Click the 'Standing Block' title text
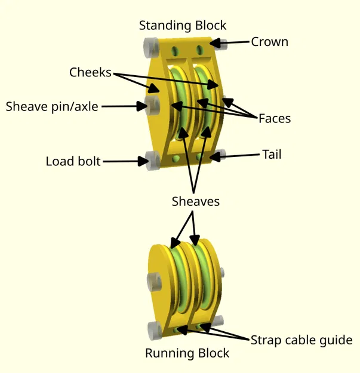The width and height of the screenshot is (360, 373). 183,26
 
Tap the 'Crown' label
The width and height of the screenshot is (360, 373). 269,42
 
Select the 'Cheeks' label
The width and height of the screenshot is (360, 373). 90,72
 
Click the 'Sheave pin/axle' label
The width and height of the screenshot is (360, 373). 52,107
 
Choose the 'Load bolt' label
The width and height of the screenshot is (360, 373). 73,161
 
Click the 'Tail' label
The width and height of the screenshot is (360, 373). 272,155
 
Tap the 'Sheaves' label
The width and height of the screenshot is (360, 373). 195,202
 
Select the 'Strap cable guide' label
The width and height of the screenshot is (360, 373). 301,340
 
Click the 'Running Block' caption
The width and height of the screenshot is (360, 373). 187,353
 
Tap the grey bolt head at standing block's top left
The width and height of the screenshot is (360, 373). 149,44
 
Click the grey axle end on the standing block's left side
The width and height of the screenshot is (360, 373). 153,106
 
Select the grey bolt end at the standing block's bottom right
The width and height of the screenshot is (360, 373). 219,155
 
